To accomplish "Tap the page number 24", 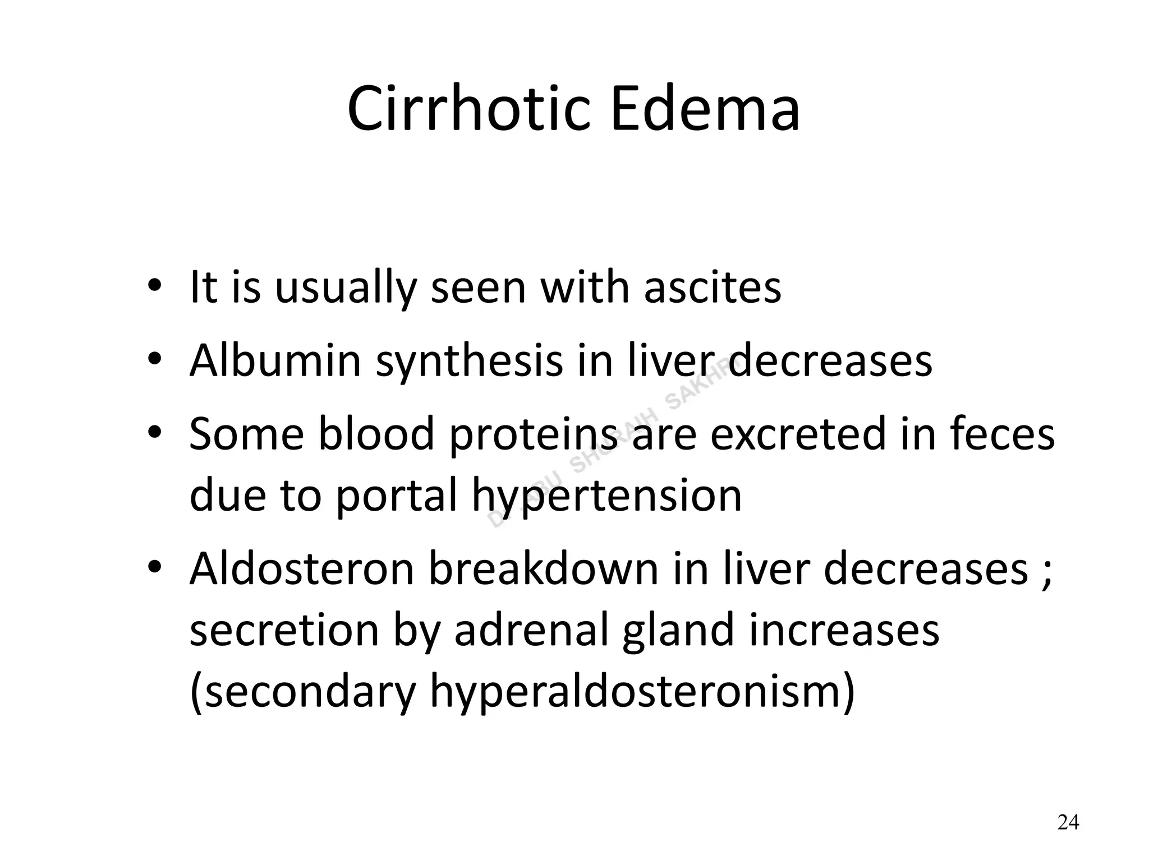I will point(1068,822).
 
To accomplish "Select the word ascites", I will point(713,288).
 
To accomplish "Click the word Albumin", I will point(275,360).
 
